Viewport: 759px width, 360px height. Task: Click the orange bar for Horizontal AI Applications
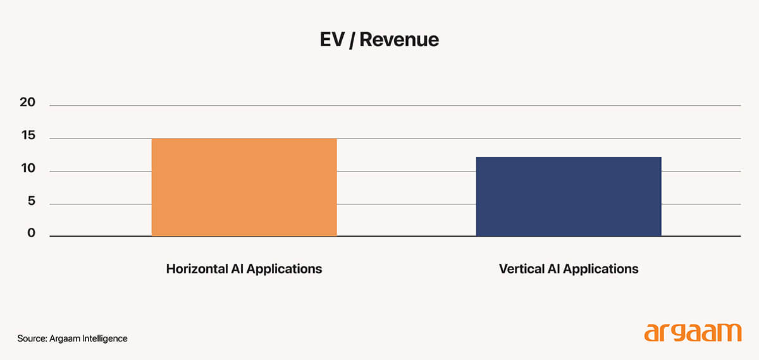point(244,187)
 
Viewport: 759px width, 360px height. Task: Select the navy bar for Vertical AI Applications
point(569,196)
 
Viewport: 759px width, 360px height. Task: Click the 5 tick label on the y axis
point(31,202)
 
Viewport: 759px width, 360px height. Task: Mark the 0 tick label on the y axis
point(31,234)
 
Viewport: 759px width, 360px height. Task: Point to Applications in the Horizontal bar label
point(284,270)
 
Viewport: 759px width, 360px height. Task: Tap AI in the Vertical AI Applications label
point(552,269)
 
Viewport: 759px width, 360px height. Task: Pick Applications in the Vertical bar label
point(601,270)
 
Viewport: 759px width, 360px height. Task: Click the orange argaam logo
point(692,332)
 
